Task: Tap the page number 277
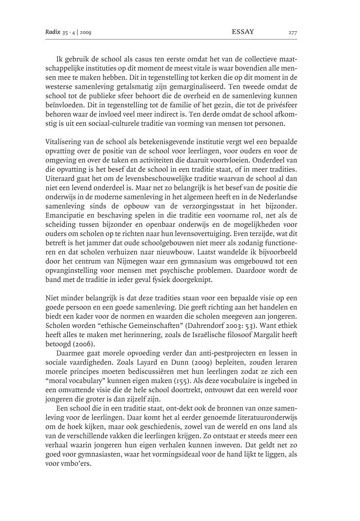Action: click(x=292, y=33)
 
